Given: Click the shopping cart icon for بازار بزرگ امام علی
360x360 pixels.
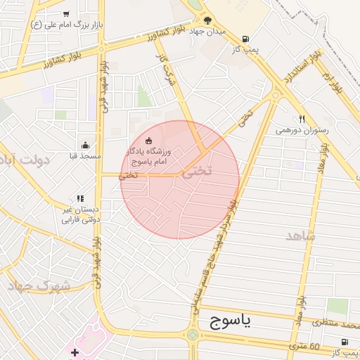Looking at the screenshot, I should pos(66,13).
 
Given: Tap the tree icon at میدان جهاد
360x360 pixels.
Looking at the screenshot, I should pos(207,20).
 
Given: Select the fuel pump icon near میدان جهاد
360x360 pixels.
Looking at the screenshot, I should pos(245,39).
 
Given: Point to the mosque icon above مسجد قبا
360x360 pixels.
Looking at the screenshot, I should pos(86,144).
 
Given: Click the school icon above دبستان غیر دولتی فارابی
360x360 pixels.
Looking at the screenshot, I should pos(80,199).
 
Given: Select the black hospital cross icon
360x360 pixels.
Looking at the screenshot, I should pos(75,351).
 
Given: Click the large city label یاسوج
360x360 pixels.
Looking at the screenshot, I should pos(231,322).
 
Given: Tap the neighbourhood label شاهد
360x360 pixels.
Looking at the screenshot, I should pos(301,236).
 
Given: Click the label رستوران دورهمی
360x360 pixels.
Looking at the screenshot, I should pos(302,130).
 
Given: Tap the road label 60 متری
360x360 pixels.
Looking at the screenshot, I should pos(304,346).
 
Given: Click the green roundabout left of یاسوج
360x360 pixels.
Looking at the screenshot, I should pos(193,335).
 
